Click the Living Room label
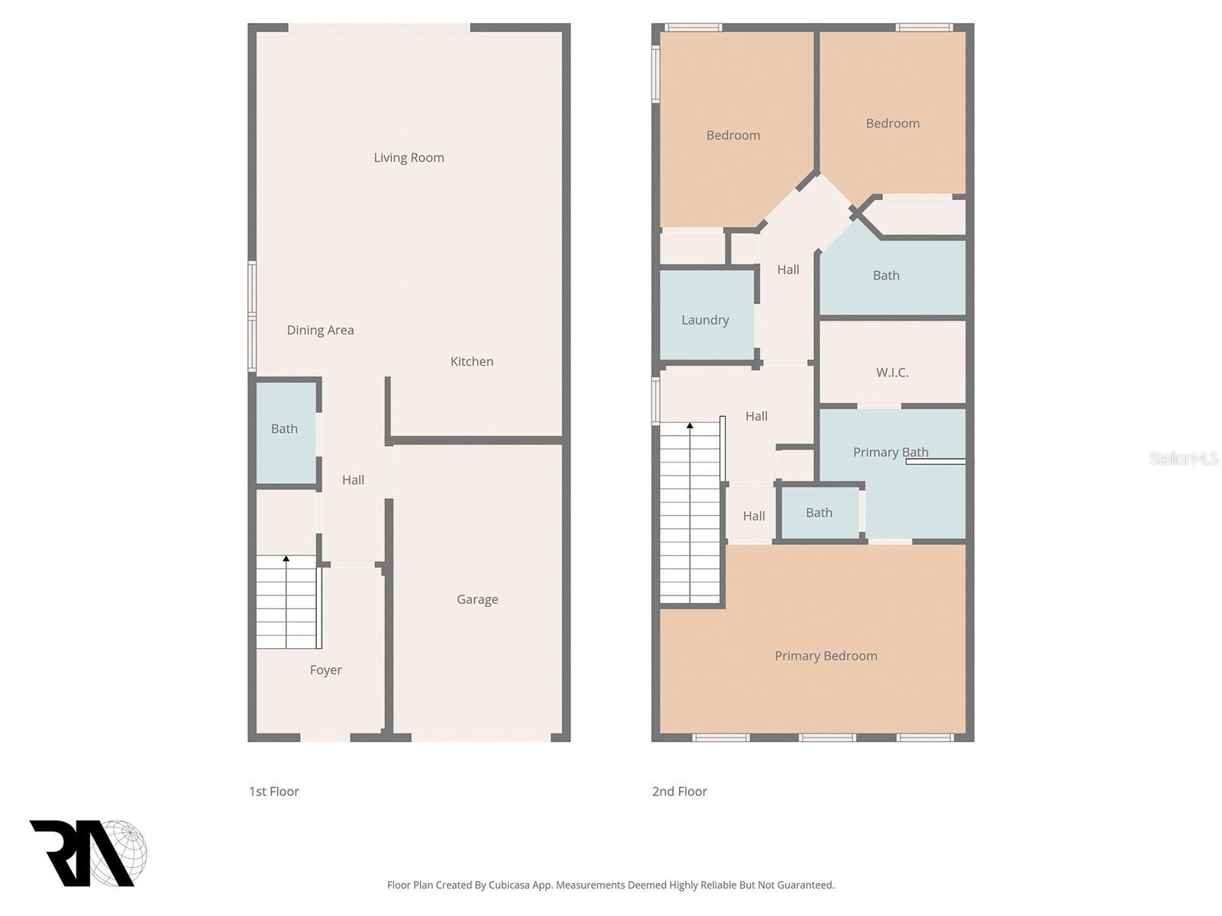409,158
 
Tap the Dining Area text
320,331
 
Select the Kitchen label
471,362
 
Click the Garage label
477,600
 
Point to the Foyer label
325,670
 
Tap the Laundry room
706,320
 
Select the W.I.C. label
892,373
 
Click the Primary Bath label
891,453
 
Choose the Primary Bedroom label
826,656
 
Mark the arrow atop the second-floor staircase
690,426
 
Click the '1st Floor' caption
273,792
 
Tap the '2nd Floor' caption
679,792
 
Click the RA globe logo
88,853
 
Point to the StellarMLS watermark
1183,458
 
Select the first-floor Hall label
353,480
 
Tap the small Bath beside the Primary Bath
819,513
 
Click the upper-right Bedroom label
892,124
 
